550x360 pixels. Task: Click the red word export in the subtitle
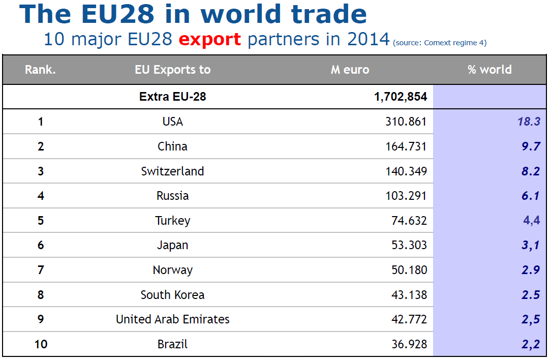coord(210,39)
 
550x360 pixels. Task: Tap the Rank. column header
coord(40,70)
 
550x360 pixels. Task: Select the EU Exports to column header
coord(172,70)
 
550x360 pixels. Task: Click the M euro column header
coord(350,70)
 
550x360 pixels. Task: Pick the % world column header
coord(490,70)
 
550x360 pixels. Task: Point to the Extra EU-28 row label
coord(172,96)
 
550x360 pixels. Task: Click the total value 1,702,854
coord(401,96)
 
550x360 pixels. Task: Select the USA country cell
coord(172,122)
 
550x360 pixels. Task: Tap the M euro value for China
coord(406,146)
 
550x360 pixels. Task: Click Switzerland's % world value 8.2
coord(530,171)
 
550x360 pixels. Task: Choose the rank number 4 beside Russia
coord(41,196)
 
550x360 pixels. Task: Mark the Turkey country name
coord(172,221)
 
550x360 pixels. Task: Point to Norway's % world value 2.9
coord(530,270)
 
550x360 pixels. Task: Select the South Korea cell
coord(172,295)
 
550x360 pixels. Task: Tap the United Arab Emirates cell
coord(172,319)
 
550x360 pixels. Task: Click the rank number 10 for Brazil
coord(41,344)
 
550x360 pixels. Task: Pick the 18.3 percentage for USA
coord(529,122)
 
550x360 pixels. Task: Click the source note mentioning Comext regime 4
coord(440,43)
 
